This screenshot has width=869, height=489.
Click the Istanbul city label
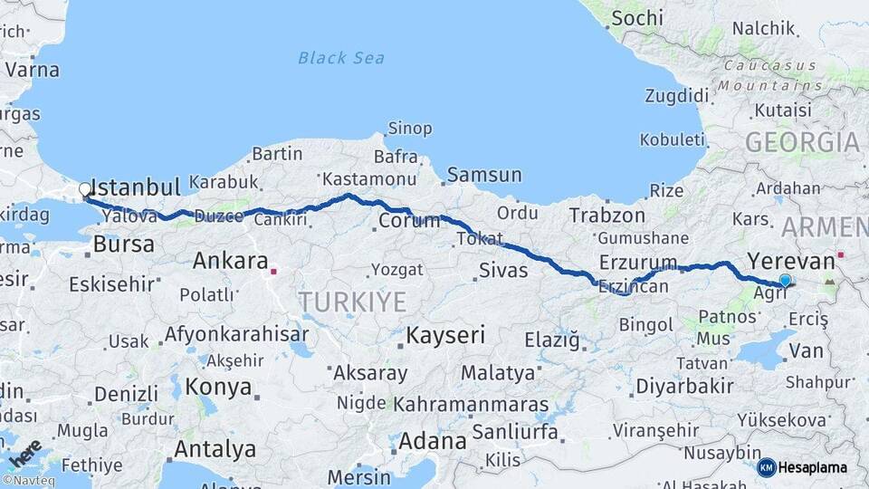(137, 187)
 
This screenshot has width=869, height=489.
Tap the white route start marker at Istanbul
(85, 189)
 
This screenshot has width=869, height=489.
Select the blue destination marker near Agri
(785, 281)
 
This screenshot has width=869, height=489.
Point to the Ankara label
(230, 262)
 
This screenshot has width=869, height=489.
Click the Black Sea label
(341, 58)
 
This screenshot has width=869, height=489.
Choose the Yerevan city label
(790, 261)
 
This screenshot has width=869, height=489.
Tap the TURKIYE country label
(353, 302)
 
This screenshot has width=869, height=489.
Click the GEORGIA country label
(801, 142)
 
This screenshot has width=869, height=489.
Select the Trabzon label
(606, 216)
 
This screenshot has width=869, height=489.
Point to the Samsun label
(484, 175)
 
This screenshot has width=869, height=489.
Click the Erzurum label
(637, 263)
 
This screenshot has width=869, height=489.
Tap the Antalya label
(215, 448)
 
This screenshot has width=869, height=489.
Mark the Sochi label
(636, 17)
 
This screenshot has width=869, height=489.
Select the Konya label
(218, 387)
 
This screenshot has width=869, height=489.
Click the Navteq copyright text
(27, 481)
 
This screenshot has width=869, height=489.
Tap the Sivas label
(502, 269)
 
